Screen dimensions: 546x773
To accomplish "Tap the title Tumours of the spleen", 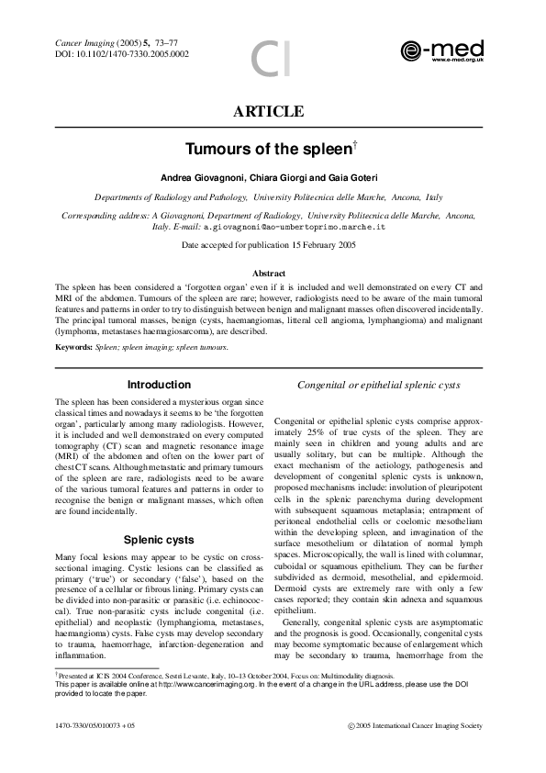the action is click(268, 148).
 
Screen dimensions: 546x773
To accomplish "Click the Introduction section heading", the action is click(159, 385).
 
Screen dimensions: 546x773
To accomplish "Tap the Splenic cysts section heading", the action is click(159, 540).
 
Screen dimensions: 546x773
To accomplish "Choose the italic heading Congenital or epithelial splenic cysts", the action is click(379, 386).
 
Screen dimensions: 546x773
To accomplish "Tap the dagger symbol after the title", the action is click(353, 142).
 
